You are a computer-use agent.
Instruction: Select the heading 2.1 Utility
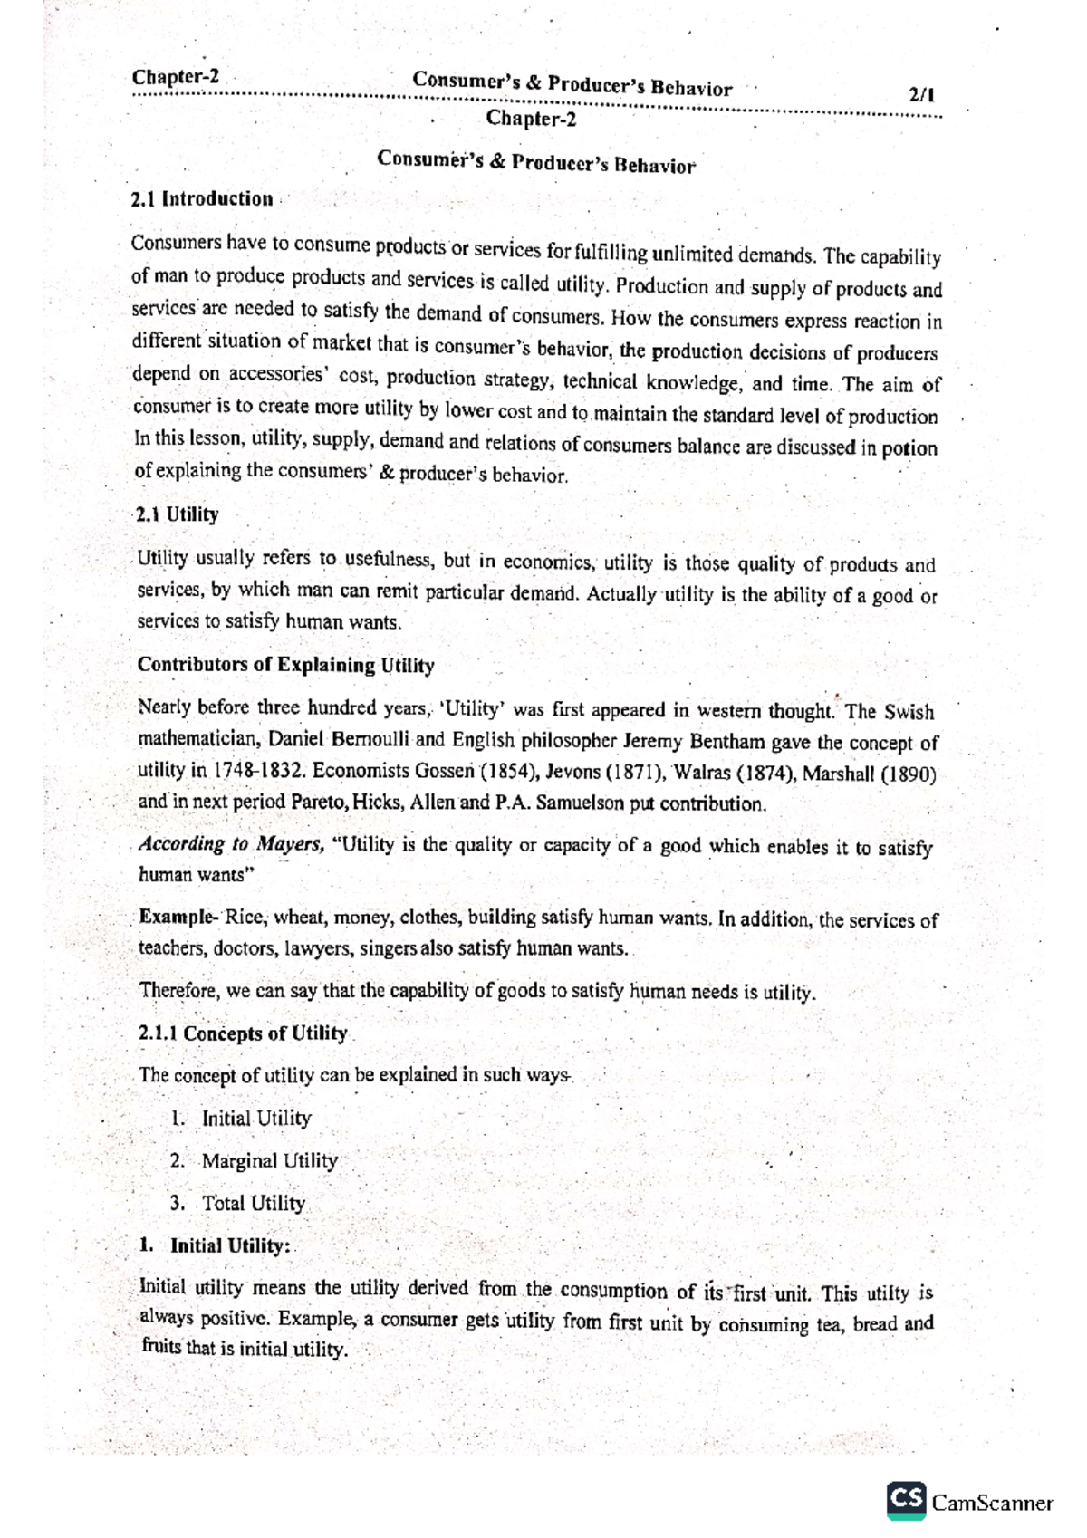(x=177, y=515)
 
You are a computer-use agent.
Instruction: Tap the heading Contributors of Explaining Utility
(x=285, y=666)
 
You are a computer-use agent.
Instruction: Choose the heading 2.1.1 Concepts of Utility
(x=243, y=1034)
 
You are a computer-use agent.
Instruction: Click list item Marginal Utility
(x=269, y=1161)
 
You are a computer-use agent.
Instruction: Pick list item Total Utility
(x=253, y=1204)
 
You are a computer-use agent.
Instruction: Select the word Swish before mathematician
(x=909, y=712)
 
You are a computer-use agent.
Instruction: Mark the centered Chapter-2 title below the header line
(x=531, y=119)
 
